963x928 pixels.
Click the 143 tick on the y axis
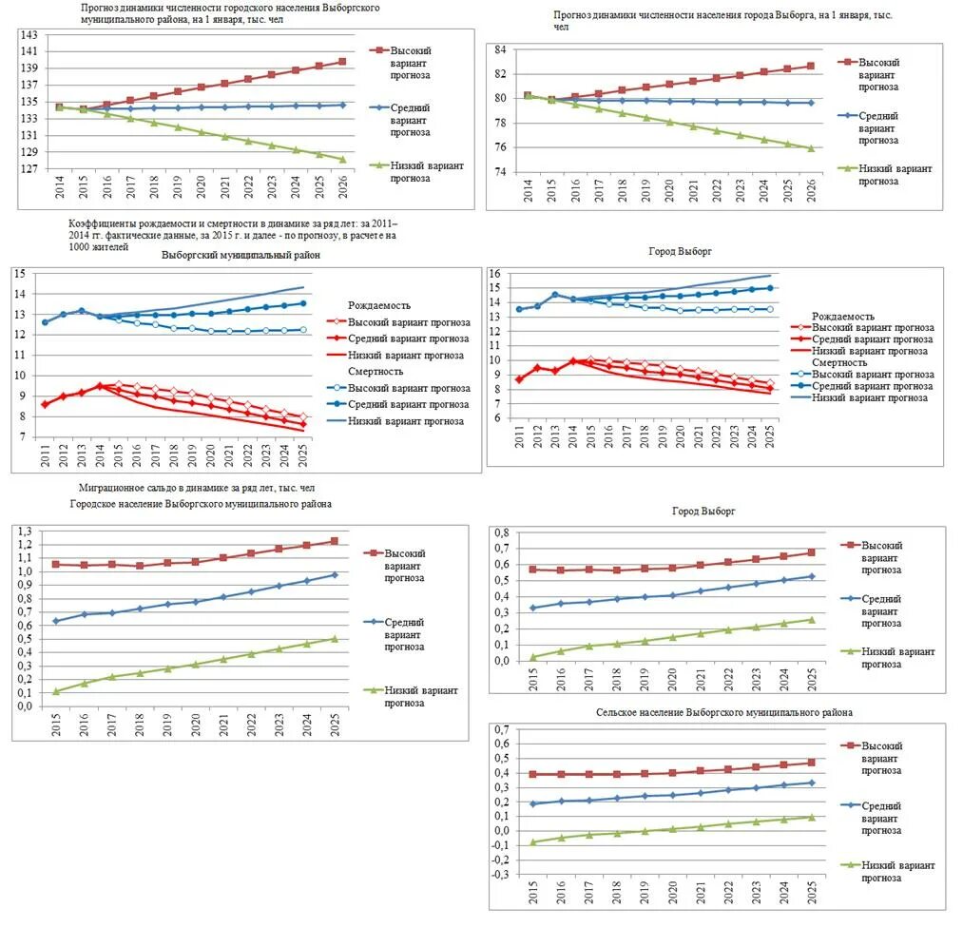pos(30,34)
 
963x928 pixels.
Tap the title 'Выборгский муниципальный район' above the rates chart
pos(241,255)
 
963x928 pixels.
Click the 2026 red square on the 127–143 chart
pos(342,62)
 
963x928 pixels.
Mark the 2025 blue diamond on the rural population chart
pos(811,783)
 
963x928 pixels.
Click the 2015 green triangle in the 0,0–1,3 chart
pos(56,691)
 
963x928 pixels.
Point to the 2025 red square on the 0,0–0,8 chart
pos(811,552)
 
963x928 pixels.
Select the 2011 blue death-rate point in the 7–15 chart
pos(46,322)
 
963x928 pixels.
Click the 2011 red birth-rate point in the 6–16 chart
pos(518,379)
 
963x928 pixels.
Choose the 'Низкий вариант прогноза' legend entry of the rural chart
pos(898,872)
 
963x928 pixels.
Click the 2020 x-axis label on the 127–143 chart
pos(202,190)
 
